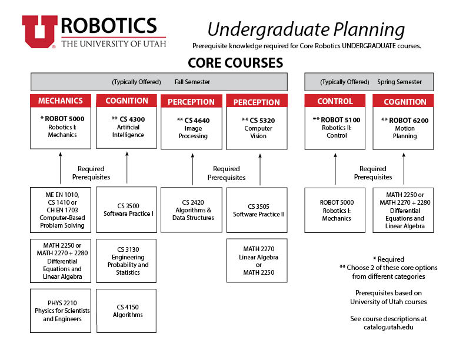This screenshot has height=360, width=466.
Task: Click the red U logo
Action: [x=39, y=32]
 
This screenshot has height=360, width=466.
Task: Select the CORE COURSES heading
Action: [x=235, y=63]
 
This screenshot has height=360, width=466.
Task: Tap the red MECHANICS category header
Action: [x=61, y=101]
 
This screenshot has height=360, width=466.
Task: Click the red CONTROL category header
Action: [x=335, y=101]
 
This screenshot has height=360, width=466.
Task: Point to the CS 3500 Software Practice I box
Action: [x=127, y=209]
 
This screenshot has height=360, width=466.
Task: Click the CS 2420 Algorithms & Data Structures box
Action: [x=191, y=209]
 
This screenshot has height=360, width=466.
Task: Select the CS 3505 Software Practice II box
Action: [x=257, y=210]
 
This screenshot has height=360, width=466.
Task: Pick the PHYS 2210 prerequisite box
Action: [x=61, y=311]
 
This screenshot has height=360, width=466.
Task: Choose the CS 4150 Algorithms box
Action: [x=127, y=311]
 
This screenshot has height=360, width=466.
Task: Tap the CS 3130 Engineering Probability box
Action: [x=127, y=261]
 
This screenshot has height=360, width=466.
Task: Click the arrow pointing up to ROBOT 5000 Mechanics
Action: [x=61, y=168]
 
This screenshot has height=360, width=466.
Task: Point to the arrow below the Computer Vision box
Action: [x=260, y=169]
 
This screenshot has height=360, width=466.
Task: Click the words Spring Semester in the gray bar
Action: [x=400, y=82]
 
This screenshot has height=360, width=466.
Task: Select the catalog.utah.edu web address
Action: [x=388, y=327]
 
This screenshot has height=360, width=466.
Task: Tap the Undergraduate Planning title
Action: [x=306, y=29]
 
